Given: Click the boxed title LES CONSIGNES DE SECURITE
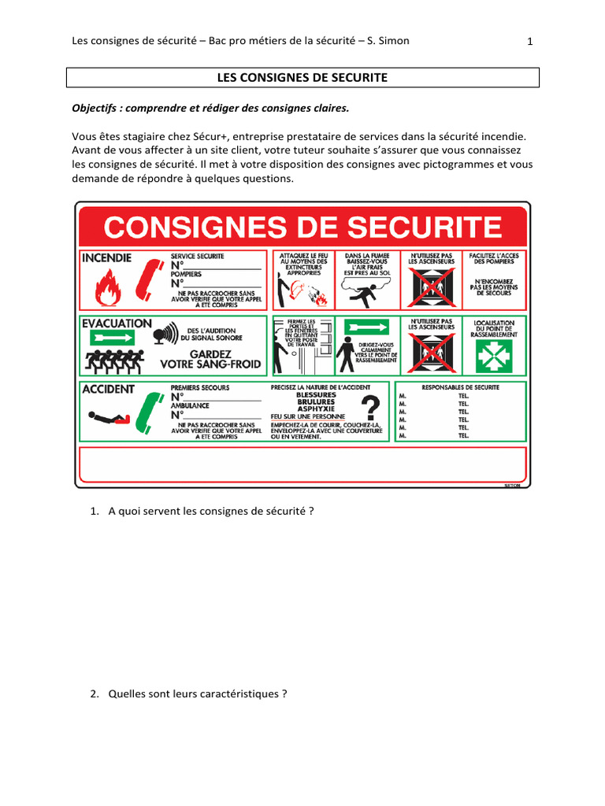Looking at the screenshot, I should click(x=302, y=77).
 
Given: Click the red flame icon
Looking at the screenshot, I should click(x=109, y=288).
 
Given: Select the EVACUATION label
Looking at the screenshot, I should click(x=116, y=323).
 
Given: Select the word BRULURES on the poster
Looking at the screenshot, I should click(x=315, y=401).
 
